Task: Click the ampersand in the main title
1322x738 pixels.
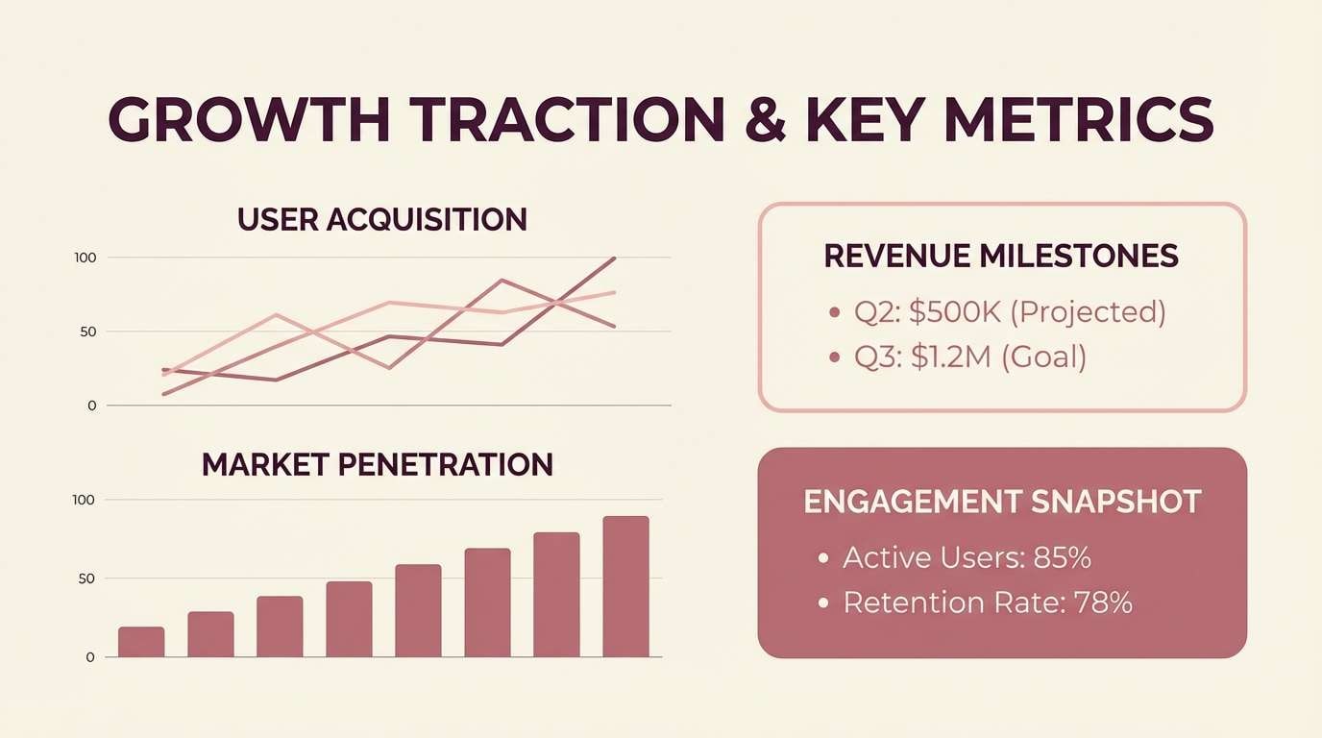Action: pyautogui.click(x=766, y=120)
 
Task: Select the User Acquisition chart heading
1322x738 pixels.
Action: pyautogui.click(x=381, y=219)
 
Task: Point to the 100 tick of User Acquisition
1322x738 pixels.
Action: pyautogui.click(x=85, y=258)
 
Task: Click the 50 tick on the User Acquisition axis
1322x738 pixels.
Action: pyautogui.click(x=88, y=332)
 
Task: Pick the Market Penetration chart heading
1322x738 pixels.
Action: pyautogui.click(x=378, y=465)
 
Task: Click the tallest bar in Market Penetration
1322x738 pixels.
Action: pyautogui.click(x=625, y=586)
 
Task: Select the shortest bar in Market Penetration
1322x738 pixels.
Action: pyautogui.click(x=141, y=642)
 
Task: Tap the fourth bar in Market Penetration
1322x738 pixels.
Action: pyautogui.click(x=349, y=620)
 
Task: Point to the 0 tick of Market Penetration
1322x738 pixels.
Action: pyautogui.click(x=90, y=657)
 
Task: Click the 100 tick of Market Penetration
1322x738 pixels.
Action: pyautogui.click(x=84, y=500)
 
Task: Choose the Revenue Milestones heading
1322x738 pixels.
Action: pyautogui.click(x=1001, y=256)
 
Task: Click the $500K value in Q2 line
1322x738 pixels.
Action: pyautogui.click(x=955, y=311)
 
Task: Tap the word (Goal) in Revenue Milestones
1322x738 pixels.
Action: pyautogui.click(x=1044, y=357)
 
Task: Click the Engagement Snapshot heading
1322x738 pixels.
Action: pyautogui.click(x=1002, y=502)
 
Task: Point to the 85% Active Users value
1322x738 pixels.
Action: pyautogui.click(x=1062, y=557)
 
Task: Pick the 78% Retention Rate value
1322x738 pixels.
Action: pyautogui.click(x=1103, y=603)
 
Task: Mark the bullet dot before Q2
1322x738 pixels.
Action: pyautogui.click(x=834, y=312)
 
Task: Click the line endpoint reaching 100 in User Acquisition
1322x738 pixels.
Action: pyautogui.click(x=614, y=258)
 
